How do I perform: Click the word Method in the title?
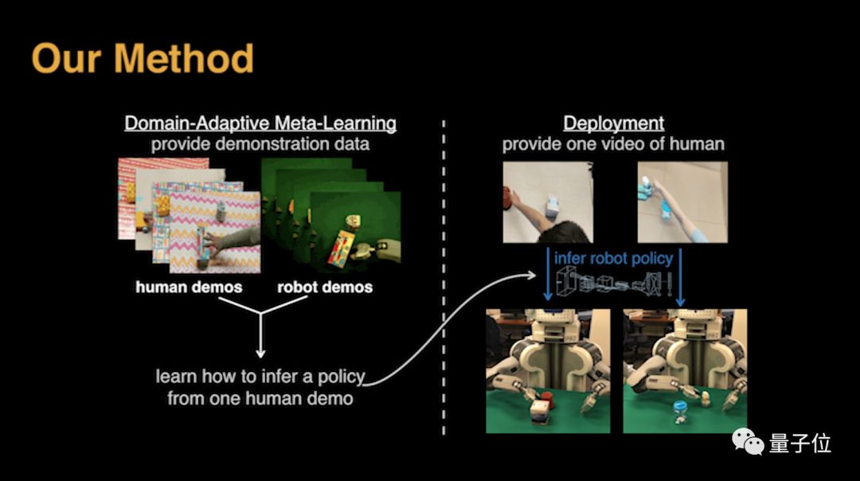(184, 58)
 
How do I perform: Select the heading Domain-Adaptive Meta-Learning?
(260, 123)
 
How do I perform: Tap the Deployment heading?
(613, 123)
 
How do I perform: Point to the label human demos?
(189, 286)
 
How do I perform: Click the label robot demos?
(325, 286)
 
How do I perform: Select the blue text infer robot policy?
(614, 259)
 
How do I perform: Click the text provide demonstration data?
(260, 144)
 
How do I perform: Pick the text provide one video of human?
(613, 144)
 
